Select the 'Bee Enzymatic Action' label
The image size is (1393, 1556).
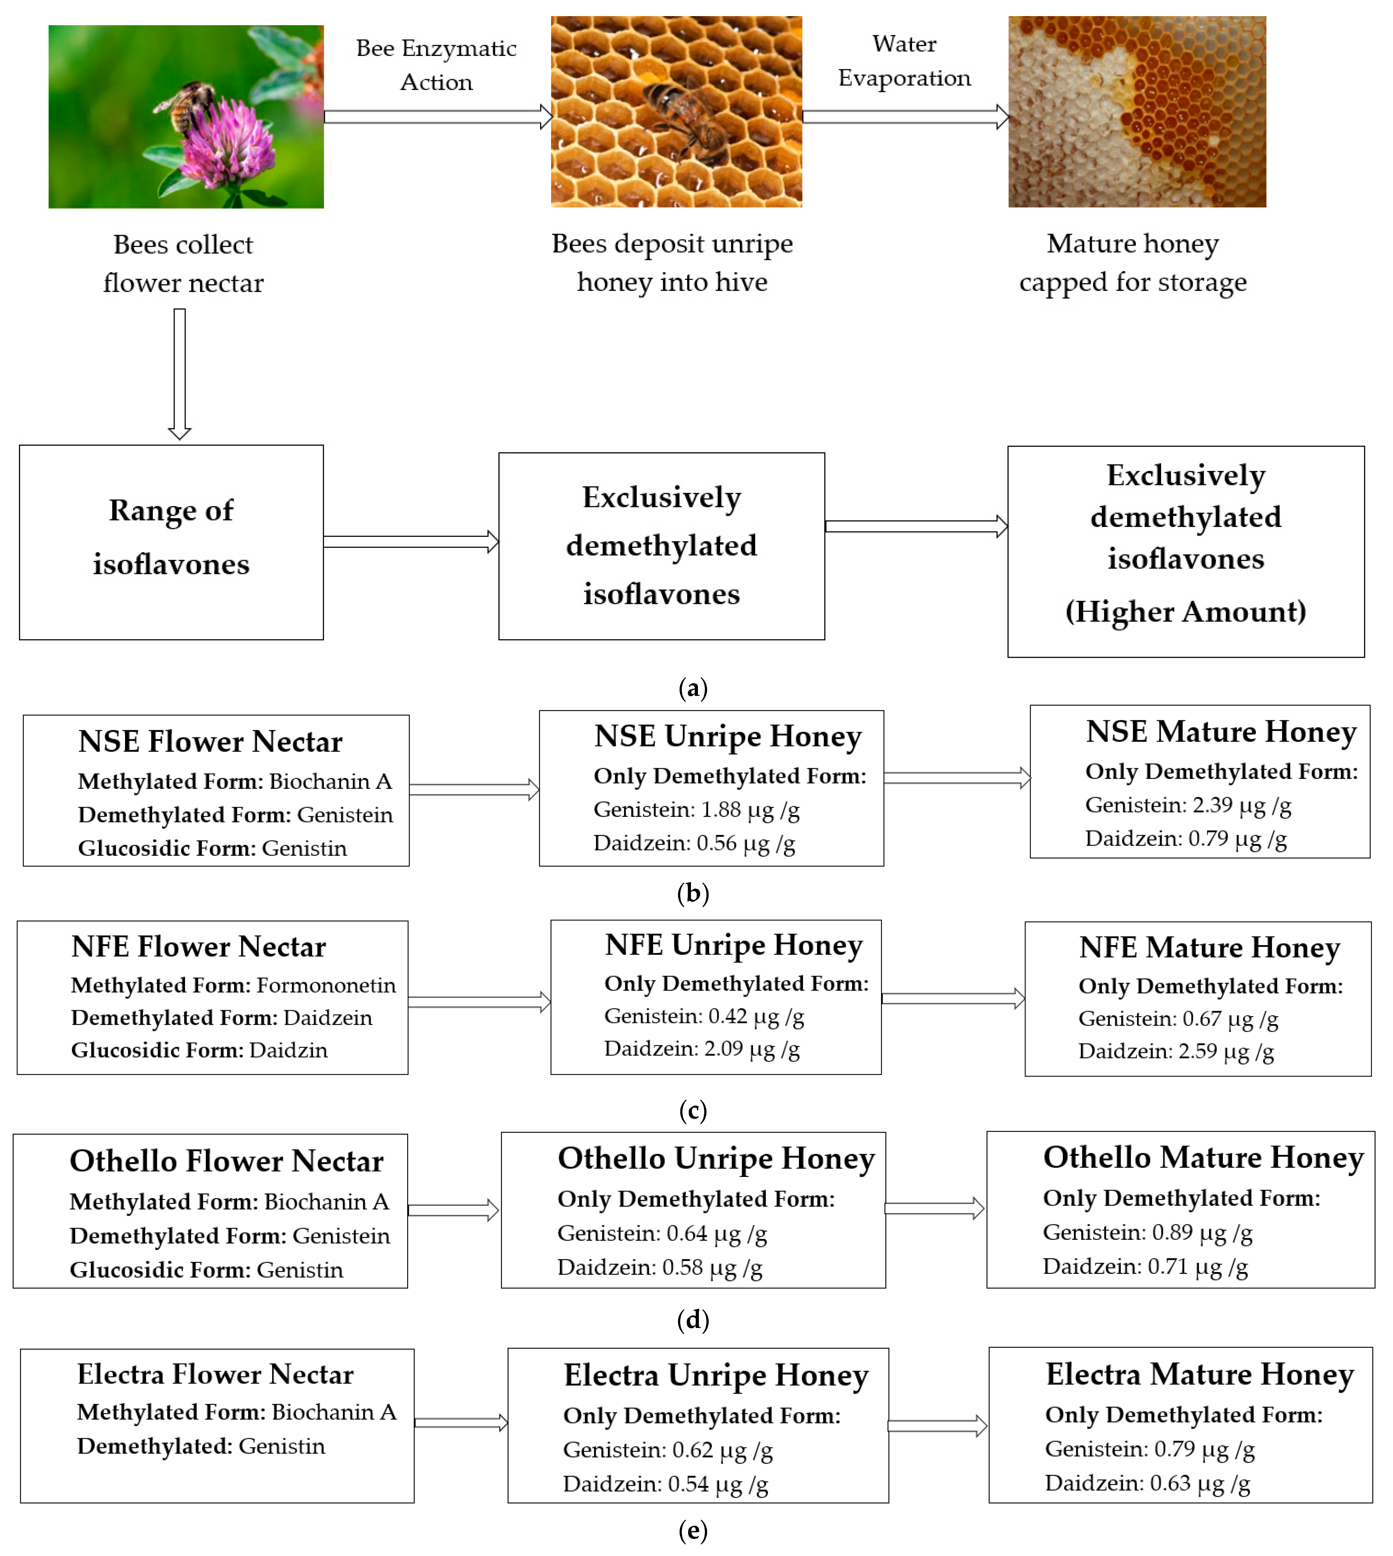[x=436, y=65]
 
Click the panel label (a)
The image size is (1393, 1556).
[x=693, y=688]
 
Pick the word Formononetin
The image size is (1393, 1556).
[x=326, y=985]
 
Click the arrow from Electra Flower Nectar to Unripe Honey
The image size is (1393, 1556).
[x=461, y=1423]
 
